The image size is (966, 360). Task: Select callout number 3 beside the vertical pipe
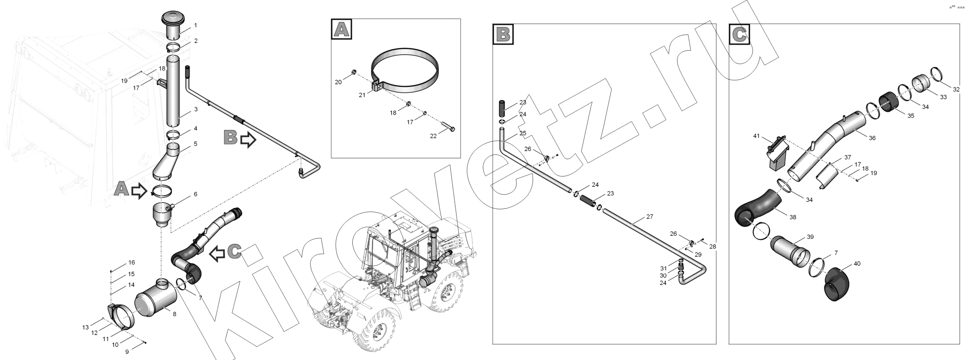point(196,109)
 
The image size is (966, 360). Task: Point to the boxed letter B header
point(503,34)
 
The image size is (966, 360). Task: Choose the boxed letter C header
point(739,34)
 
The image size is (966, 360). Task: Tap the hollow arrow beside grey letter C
point(217,253)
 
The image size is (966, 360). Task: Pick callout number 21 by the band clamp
point(362,95)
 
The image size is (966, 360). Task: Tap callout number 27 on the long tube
point(649,217)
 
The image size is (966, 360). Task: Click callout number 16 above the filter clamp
point(131,262)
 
